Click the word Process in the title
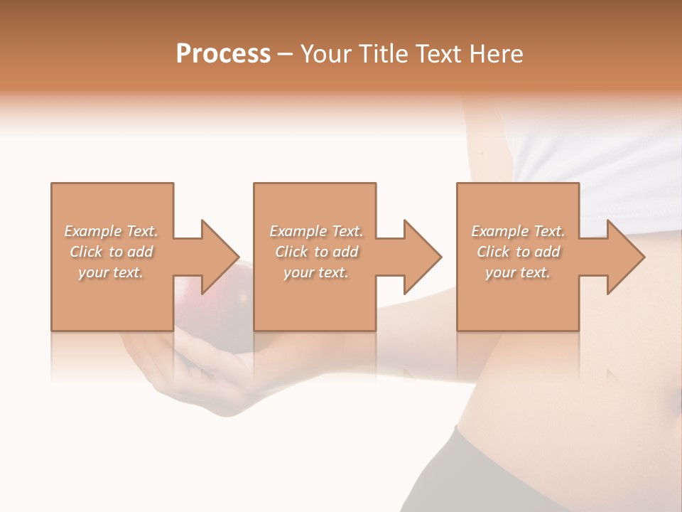tap(223, 54)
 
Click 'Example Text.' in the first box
tap(112, 231)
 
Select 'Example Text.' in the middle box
tap(316, 231)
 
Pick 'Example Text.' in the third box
tap(518, 231)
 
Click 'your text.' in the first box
tap(111, 272)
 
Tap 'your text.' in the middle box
tap(315, 272)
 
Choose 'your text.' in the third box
tap(517, 272)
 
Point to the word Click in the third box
tap(493, 252)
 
